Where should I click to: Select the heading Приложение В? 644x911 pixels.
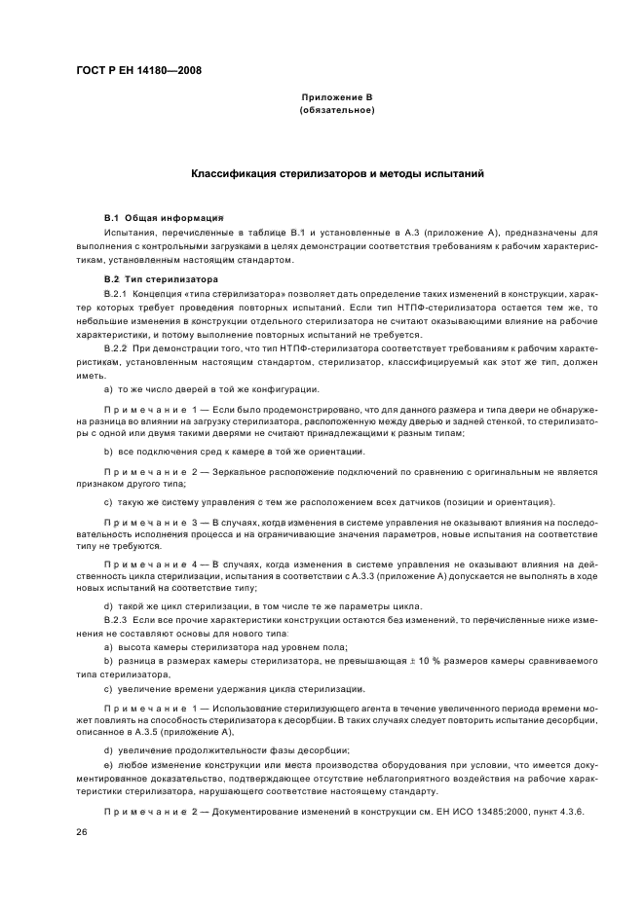coord(337,98)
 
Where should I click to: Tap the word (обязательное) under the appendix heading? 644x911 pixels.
coord(337,111)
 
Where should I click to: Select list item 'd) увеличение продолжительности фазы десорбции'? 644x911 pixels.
coord(226,750)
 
